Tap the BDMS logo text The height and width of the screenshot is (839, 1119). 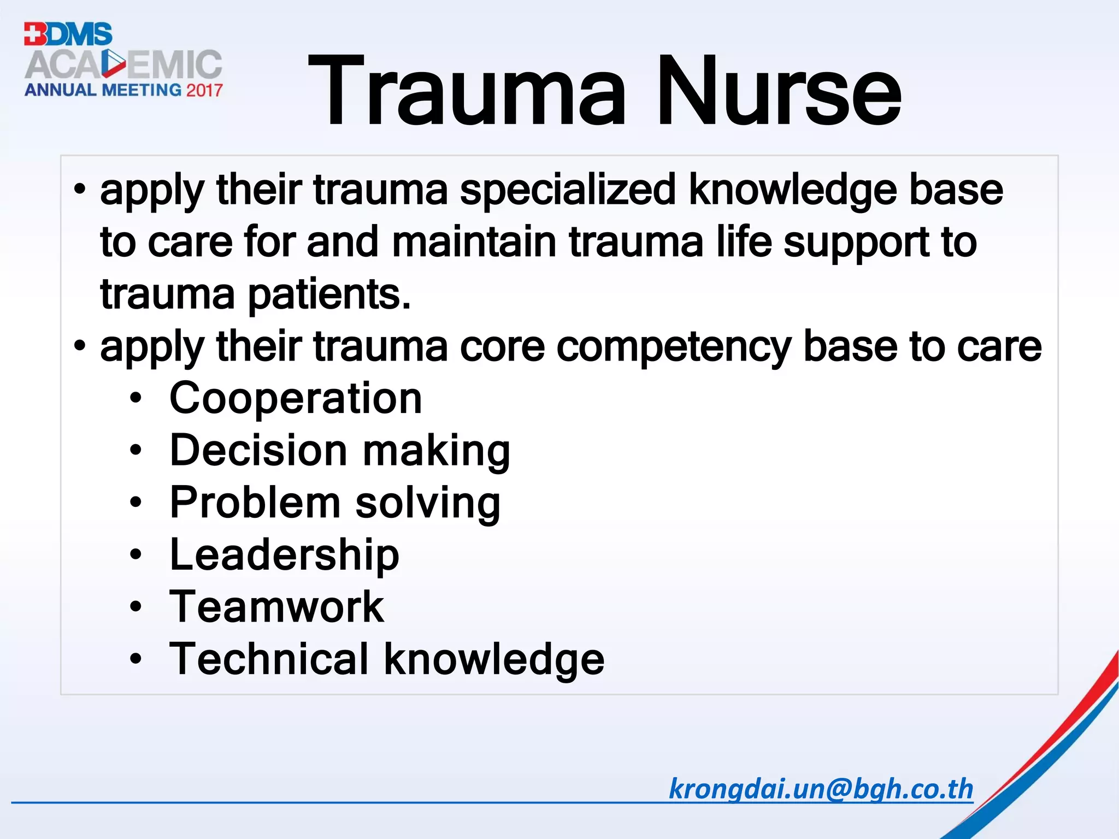coord(68,34)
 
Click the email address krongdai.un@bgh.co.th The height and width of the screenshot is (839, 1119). coord(821,789)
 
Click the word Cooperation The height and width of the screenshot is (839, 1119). coord(296,398)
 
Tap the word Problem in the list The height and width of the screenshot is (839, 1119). coord(255,503)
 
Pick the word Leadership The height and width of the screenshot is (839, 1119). coord(285,555)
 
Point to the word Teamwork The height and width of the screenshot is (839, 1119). coord(276,607)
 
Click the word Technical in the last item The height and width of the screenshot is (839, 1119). coord(269,659)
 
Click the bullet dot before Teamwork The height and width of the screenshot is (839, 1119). coord(136,606)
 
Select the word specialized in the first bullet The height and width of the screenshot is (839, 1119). coord(568,191)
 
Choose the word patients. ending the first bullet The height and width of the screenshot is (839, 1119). coord(329,296)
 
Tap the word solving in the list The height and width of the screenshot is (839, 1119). coord(428,503)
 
